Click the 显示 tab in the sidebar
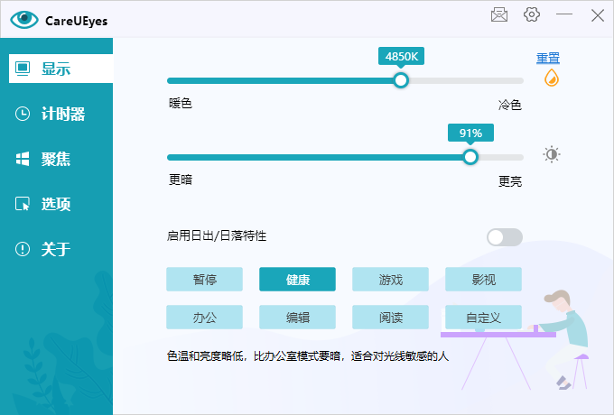tap(60, 69)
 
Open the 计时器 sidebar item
tap(50, 114)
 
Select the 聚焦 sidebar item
tap(42, 159)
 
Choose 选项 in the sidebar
tap(42, 204)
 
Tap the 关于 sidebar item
tap(42, 249)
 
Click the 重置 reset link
tap(548, 58)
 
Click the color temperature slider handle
tap(401, 80)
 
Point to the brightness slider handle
tap(470, 157)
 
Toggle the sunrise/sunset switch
tap(505, 237)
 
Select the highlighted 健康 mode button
tap(297, 280)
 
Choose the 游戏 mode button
tap(390, 280)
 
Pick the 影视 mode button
tap(483, 280)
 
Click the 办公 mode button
tap(204, 318)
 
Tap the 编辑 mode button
tap(297, 318)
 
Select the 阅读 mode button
tap(390, 318)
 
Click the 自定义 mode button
tap(483, 318)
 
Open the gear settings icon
tap(531, 14)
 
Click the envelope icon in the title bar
tap(499, 14)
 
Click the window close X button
tap(598, 15)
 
